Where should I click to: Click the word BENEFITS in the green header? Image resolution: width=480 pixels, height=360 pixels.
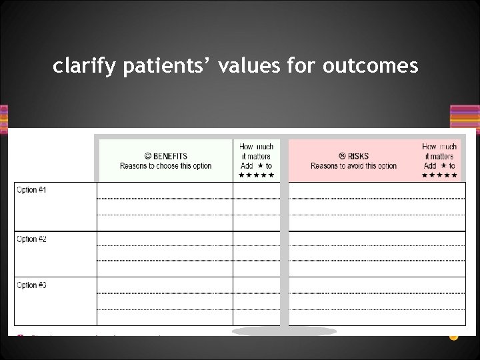[x=170, y=157]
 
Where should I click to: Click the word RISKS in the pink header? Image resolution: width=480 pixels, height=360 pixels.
[x=358, y=157]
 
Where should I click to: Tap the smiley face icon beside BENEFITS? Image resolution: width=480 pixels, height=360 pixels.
[x=147, y=157]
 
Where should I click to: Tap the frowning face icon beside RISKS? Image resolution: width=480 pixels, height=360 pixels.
[x=342, y=157]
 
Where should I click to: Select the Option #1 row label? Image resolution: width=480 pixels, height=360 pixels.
[x=31, y=191]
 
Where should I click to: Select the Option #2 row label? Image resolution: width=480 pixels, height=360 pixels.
[x=31, y=239]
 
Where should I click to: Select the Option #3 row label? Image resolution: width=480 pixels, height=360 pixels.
[x=31, y=285]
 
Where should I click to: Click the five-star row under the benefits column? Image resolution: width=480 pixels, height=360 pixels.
[x=256, y=175]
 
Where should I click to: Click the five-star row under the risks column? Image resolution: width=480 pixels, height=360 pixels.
[x=439, y=175]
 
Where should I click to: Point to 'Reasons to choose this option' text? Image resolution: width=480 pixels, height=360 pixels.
[x=165, y=166]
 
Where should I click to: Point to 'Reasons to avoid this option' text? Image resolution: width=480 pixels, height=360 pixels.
[x=353, y=166]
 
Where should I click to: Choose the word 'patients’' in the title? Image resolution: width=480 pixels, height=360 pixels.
[x=172, y=67]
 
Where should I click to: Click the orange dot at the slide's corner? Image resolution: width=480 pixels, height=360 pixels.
[x=454, y=336]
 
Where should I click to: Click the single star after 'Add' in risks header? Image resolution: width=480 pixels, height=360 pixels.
[x=443, y=166]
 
